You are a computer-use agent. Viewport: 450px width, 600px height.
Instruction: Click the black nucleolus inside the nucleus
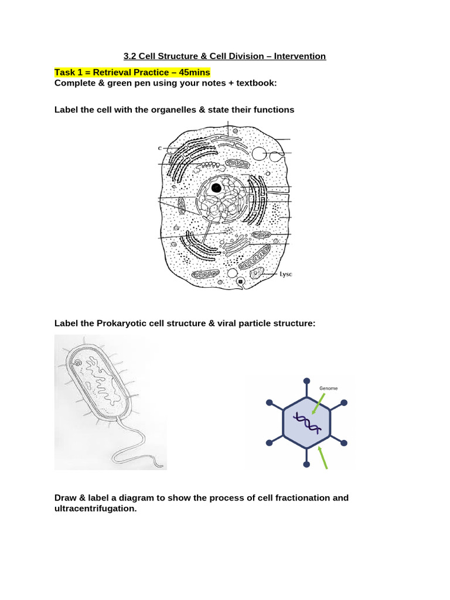(x=216, y=188)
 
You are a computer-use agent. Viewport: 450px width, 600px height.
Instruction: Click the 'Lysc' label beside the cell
(x=285, y=274)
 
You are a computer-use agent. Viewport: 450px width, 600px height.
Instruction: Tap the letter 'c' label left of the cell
(x=159, y=148)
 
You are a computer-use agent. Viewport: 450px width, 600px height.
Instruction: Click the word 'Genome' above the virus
(x=328, y=388)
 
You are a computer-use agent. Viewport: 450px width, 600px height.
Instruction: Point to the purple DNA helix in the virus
(x=307, y=422)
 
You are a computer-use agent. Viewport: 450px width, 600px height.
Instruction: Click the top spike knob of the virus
(x=306, y=381)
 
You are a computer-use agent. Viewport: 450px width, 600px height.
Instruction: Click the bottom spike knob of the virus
(x=306, y=465)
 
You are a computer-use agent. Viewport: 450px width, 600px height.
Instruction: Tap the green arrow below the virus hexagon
(x=322, y=458)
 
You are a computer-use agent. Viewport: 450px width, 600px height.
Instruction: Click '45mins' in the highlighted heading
(x=192, y=72)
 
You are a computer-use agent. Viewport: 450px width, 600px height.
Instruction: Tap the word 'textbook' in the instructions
(x=255, y=83)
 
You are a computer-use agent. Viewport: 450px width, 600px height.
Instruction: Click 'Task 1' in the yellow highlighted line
(x=70, y=72)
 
